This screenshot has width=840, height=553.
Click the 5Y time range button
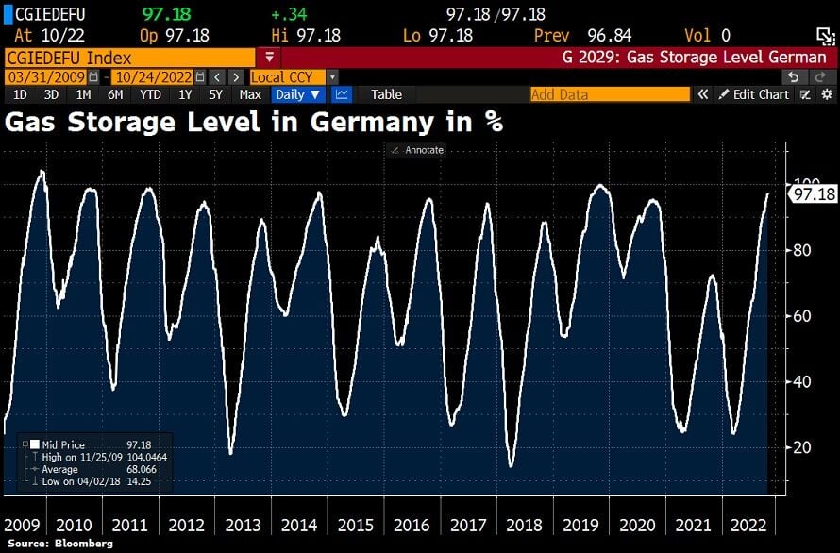coord(215,94)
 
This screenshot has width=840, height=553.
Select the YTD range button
coord(149,94)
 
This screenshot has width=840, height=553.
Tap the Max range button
coord(250,94)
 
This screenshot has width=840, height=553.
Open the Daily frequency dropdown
coord(297,94)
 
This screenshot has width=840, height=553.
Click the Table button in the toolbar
coord(386,94)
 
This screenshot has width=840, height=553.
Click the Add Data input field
coord(610,94)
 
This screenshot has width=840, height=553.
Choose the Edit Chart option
coord(753,94)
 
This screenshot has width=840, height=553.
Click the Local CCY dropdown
coord(294,76)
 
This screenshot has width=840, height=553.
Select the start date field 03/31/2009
coord(46,76)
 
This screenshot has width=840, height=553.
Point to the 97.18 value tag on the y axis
coord(814,194)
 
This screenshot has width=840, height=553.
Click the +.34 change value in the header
coord(284,15)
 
